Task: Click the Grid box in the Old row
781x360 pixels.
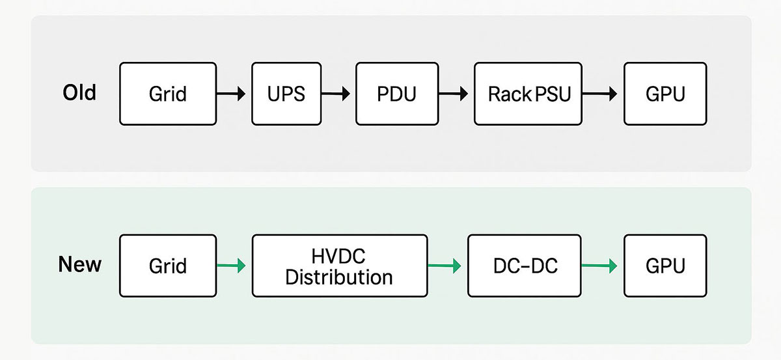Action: pyautogui.click(x=168, y=94)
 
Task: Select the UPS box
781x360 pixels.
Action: pyautogui.click(x=286, y=94)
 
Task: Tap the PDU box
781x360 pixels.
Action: pyautogui.click(x=396, y=94)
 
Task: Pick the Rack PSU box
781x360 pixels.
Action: pyautogui.click(x=528, y=94)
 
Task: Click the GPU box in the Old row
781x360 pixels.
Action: pyautogui.click(x=665, y=94)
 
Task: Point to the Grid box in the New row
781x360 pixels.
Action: pyautogui.click(x=168, y=266)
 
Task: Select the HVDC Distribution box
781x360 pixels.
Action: pyautogui.click(x=339, y=266)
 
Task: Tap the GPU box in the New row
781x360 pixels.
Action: pyautogui.click(x=665, y=266)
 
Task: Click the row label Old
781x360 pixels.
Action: pyautogui.click(x=79, y=92)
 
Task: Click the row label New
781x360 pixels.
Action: pyautogui.click(x=79, y=265)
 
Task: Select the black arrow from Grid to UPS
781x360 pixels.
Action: pyautogui.click(x=231, y=94)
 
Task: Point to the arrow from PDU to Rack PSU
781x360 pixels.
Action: pyautogui.click(x=454, y=94)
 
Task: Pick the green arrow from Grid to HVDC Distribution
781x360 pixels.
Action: pyautogui.click(x=231, y=266)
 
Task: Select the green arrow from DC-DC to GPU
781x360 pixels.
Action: pyautogui.click(x=599, y=266)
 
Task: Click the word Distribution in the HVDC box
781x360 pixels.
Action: pyautogui.click(x=339, y=277)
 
